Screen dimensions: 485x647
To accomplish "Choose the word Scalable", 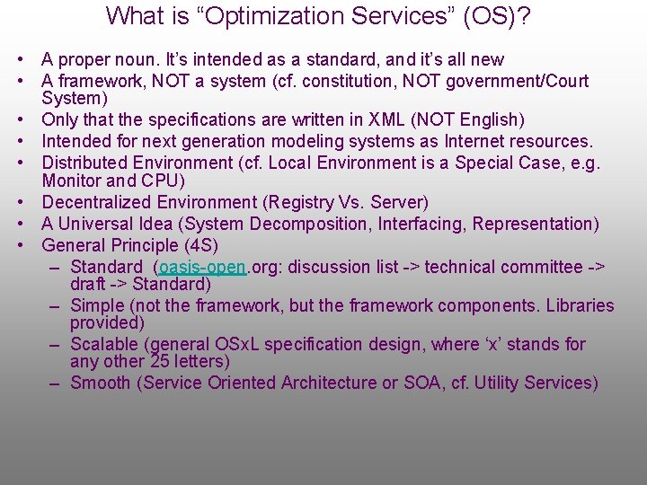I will coord(103,344).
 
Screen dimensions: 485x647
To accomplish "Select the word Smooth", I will coord(100,383).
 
